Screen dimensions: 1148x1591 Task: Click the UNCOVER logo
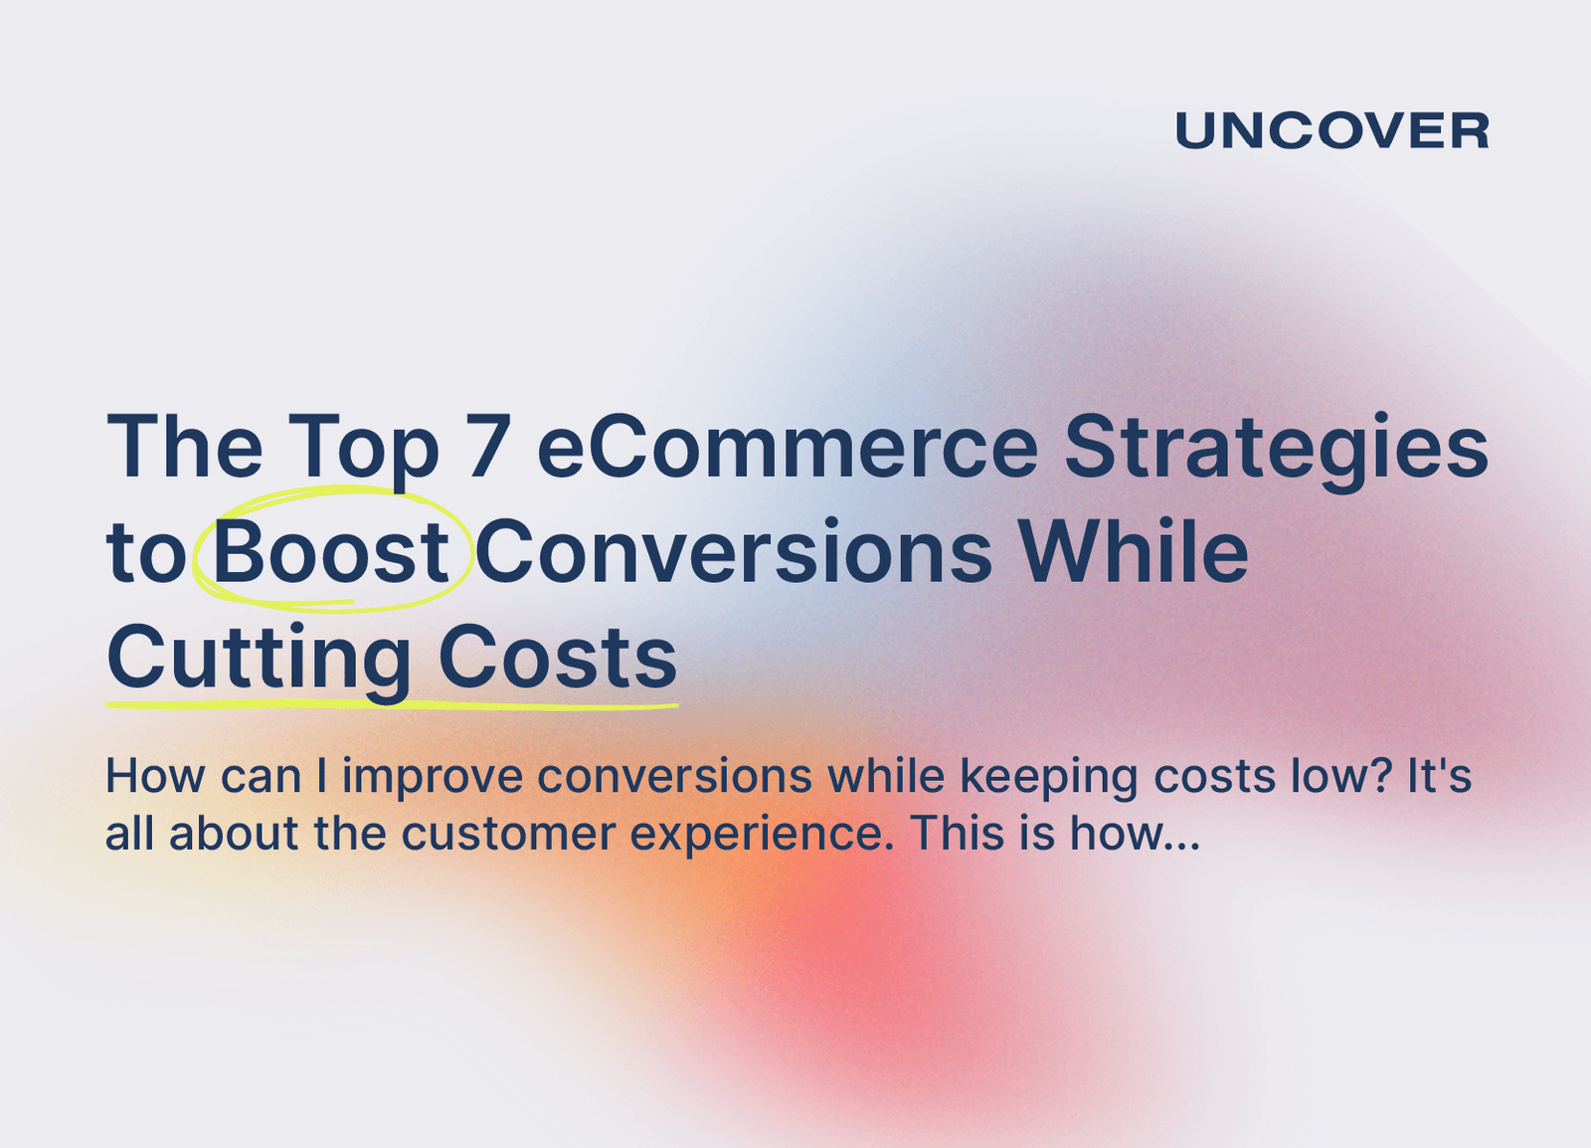pyautogui.click(x=1331, y=131)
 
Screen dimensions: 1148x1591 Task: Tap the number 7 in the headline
pyautogui.click(x=487, y=447)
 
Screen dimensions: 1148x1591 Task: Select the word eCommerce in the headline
pyautogui.click(x=788, y=447)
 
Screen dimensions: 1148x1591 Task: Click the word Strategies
pyautogui.click(x=1276, y=447)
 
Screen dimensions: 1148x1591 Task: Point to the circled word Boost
pyautogui.click(x=330, y=552)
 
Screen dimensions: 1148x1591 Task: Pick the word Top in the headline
pyautogui.click(x=363, y=447)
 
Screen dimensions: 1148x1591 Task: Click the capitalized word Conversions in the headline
pyautogui.click(x=733, y=552)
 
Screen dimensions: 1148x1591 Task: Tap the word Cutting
pyautogui.click(x=259, y=658)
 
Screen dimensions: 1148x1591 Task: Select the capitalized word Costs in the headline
pyautogui.click(x=557, y=658)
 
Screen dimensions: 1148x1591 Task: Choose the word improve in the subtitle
pyautogui.click(x=433, y=777)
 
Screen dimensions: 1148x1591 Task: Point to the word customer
pyautogui.click(x=508, y=834)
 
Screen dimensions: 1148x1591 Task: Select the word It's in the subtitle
pyautogui.click(x=1439, y=777)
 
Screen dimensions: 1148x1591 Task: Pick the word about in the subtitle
pyautogui.click(x=234, y=834)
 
